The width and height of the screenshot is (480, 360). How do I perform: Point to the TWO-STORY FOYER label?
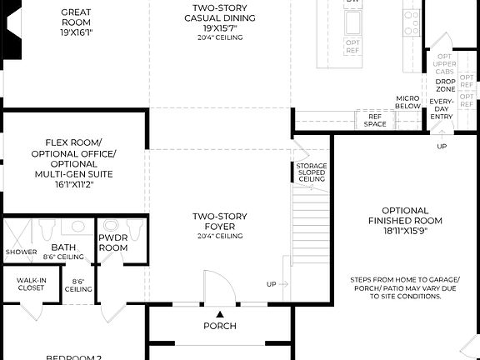pyautogui.click(x=219, y=221)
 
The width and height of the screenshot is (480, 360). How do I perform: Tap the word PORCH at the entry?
pyautogui.click(x=220, y=326)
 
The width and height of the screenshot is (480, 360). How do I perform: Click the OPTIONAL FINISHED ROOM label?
pyautogui.click(x=405, y=215)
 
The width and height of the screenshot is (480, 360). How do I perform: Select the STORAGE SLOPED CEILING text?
pyautogui.click(x=312, y=172)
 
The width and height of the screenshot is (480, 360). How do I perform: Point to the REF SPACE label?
pyautogui.click(x=376, y=120)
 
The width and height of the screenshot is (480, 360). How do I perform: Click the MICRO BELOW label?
pyautogui.click(x=407, y=102)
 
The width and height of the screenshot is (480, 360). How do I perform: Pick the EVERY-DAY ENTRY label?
pyautogui.click(x=442, y=108)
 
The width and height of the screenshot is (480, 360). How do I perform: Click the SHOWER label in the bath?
pyautogui.click(x=21, y=252)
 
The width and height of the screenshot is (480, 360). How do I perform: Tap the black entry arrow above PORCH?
pyautogui.click(x=220, y=312)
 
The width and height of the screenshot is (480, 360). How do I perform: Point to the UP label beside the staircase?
pyautogui.click(x=271, y=284)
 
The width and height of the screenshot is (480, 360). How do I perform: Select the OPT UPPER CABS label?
pyautogui.click(x=445, y=64)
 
